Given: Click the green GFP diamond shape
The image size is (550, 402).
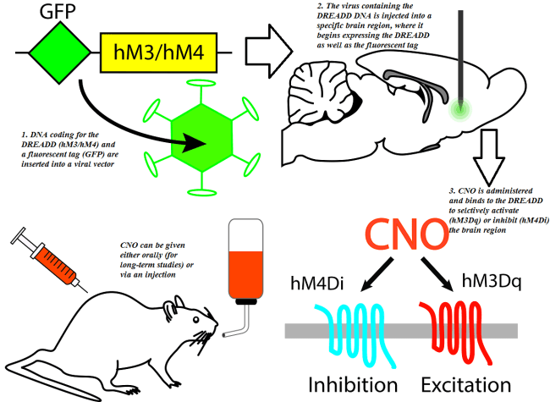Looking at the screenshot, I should click(x=58, y=52).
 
